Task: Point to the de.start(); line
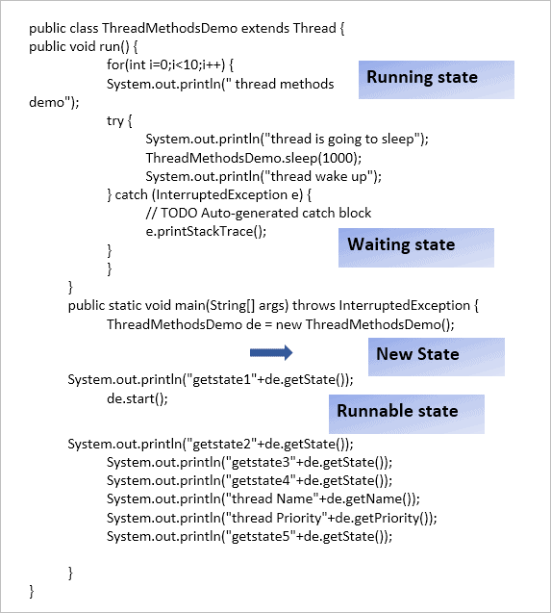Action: pyautogui.click(x=138, y=397)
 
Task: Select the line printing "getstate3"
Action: pyautogui.click(x=249, y=462)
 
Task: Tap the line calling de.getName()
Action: pyautogui.click(x=263, y=499)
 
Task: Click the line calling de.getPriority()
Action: pyautogui.click(x=271, y=518)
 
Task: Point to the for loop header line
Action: pyautogui.click(x=170, y=64)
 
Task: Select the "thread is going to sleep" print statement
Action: pyautogui.click(x=287, y=139)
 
